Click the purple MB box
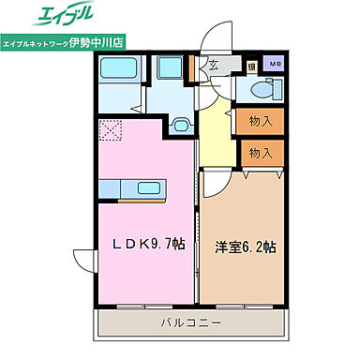click(275, 65)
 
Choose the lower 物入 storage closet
click(260, 153)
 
